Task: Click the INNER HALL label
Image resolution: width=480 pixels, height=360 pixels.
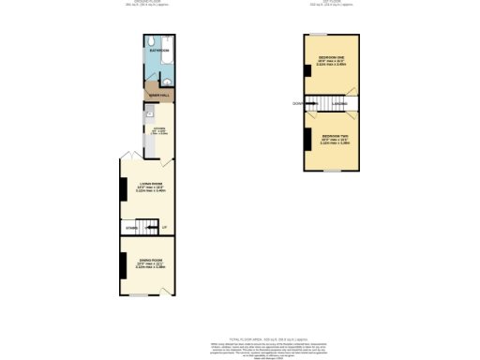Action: (156, 95)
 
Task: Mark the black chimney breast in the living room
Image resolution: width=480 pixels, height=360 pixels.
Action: (122, 189)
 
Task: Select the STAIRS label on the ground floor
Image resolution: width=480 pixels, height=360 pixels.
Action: (130, 227)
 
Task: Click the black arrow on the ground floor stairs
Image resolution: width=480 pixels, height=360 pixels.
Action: (148, 227)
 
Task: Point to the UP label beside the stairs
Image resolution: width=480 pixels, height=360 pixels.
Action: (164, 227)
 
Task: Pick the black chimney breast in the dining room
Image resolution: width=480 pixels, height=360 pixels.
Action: (122, 264)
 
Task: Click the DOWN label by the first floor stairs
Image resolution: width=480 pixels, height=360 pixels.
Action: (296, 103)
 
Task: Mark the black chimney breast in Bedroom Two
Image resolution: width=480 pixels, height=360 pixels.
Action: (306, 140)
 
